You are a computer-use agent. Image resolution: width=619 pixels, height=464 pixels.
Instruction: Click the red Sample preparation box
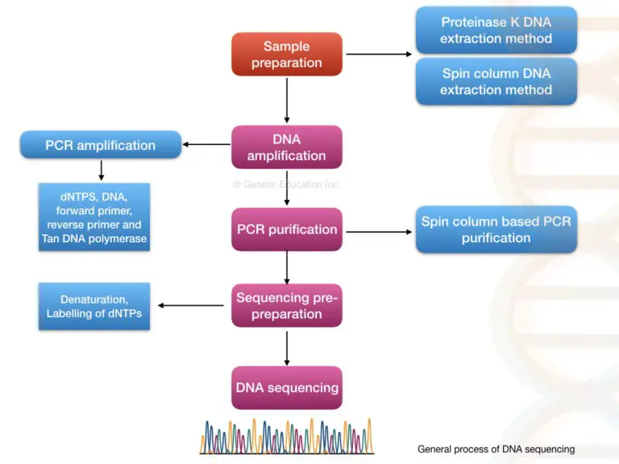pyautogui.click(x=286, y=55)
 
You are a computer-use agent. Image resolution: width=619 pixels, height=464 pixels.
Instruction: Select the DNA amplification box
pyautogui.click(x=286, y=147)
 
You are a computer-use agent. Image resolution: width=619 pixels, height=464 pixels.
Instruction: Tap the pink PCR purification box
pyautogui.click(x=286, y=230)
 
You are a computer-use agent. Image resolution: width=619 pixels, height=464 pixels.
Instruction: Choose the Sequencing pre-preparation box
pyautogui.click(x=286, y=305)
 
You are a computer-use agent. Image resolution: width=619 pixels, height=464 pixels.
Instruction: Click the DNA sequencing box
pyautogui.click(x=286, y=387)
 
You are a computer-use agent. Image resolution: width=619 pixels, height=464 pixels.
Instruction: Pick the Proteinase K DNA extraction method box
pyautogui.click(x=496, y=31)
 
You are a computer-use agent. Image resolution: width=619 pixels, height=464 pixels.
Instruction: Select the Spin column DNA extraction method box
pyautogui.click(x=496, y=81)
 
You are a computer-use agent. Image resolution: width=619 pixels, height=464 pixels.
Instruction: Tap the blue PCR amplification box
pyautogui.click(x=100, y=146)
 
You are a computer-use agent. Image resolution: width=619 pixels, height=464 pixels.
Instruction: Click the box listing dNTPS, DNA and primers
pyautogui.click(x=93, y=217)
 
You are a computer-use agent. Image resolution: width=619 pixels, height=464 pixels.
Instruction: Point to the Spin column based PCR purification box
pyautogui.click(x=496, y=230)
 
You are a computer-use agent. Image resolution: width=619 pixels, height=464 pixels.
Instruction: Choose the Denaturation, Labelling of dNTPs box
pyautogui.click(x=93, y=305)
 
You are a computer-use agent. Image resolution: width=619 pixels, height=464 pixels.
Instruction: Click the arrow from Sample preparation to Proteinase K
pyautogui.click(x=378, y=55)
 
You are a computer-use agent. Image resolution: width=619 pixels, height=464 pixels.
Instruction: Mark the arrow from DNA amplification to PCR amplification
pyautogui.click(x=207, y=145)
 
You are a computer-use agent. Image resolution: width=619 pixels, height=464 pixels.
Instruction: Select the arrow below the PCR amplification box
pyautogui.click(x=101, y=170)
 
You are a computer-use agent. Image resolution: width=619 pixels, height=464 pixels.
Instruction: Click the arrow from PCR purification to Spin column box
pyautogui.click(x=378, y=232)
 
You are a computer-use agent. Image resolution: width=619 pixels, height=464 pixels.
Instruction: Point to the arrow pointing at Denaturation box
pyautogui.click(x=191, y=305)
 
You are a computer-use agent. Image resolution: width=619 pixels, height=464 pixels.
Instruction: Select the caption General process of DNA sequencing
pyautogui.click(x=496, y=449)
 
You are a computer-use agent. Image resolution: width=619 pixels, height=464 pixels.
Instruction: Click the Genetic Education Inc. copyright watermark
pyautogui.click(x=286, y=184)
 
